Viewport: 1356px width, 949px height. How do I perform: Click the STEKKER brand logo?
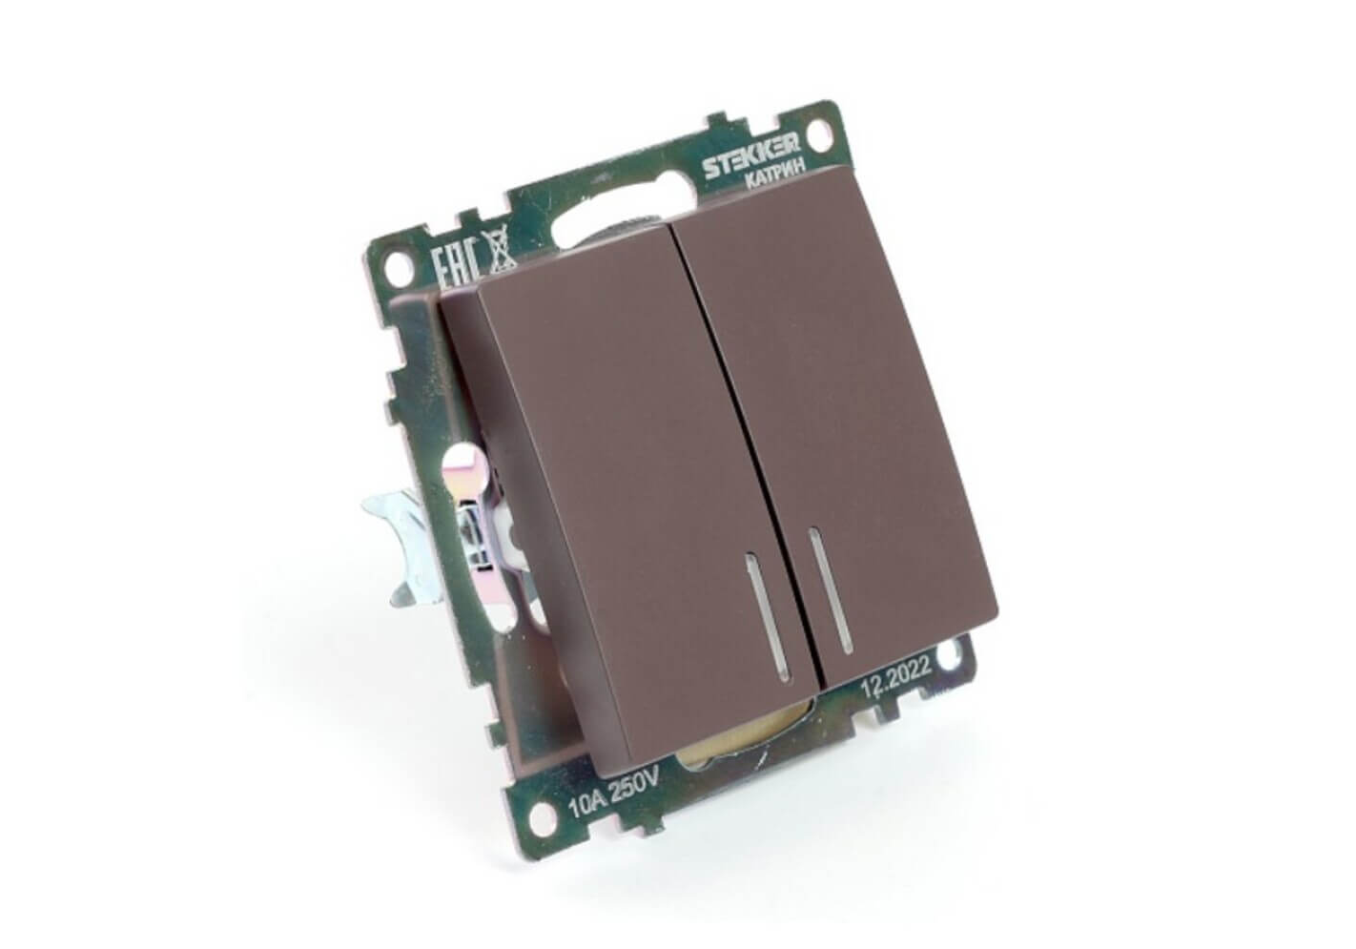(750, 155)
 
